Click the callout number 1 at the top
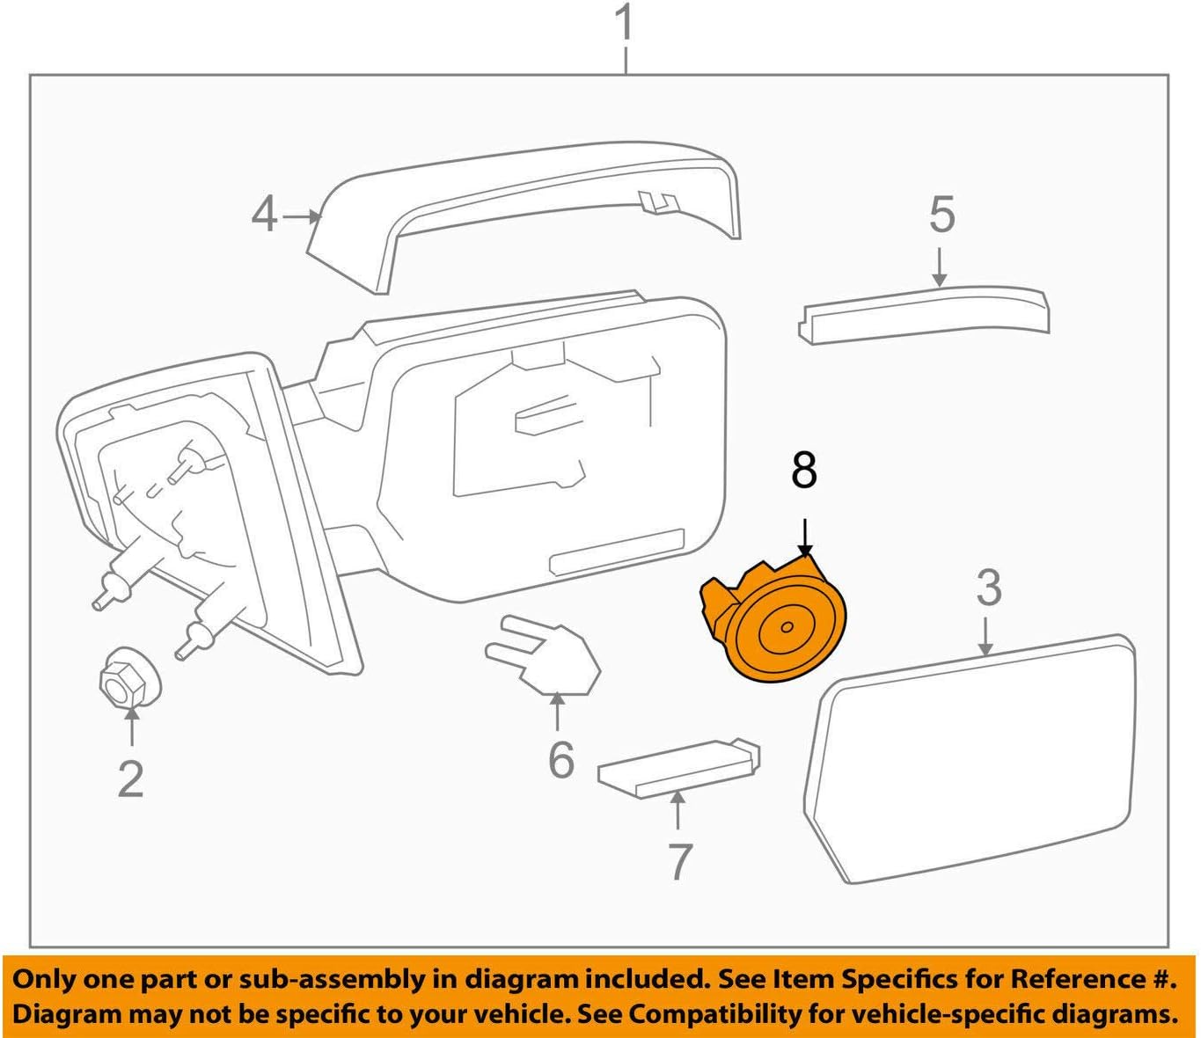[624, 24]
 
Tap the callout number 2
[130, 778]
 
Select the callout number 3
[988, 588]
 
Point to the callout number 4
[264, 215]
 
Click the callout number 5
[941, 215]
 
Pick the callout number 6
[560, 759]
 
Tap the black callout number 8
[803, 471]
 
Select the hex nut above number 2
[127, 676]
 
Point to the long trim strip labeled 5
[924, 312]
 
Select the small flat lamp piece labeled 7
[677, 765]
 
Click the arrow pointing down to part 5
[940, 267]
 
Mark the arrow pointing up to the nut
[131, 727]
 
